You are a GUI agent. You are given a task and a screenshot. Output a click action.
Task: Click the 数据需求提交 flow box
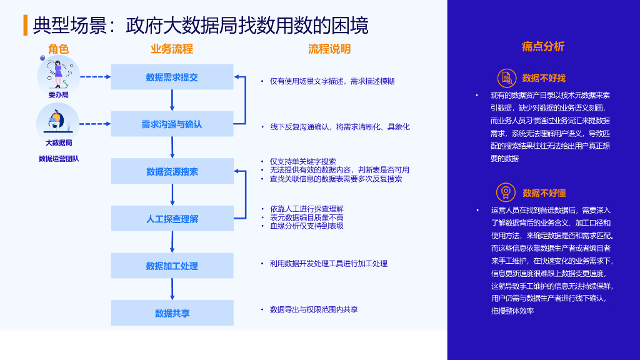(x=172, y=77)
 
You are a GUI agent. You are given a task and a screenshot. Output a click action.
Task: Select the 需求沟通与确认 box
(x=172, y=124)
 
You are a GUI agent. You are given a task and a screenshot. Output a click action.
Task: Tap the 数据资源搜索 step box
(x=172, y=171)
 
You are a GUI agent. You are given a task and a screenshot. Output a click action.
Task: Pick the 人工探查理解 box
(x=172, y=219)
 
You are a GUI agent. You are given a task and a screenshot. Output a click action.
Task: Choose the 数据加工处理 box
(x=172, y=266)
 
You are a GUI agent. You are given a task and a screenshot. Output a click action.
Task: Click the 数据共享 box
(x=172, y=313)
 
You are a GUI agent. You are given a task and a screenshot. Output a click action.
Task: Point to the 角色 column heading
(x=58, y=49)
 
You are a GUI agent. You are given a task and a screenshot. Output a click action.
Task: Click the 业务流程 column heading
(x=172, y=49)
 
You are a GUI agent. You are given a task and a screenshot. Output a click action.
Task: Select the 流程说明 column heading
(x=329, y=49)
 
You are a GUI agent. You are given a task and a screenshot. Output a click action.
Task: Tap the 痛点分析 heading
(x=543, y=46)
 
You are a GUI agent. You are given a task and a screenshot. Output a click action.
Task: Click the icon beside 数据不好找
(x=506, y=78)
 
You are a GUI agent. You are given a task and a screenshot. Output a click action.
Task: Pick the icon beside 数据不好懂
(x=506, y=192)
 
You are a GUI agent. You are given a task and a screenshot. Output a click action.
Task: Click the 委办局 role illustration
(x=58, y=75)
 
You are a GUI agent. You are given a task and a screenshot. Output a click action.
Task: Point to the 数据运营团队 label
(x=59, y=159)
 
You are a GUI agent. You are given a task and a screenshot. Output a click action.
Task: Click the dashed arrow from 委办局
(x=95, y=77)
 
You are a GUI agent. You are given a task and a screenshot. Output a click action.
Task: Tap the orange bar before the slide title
(x=25, y=25)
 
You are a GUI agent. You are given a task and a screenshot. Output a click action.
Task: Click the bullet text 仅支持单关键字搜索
(x=302, y=161)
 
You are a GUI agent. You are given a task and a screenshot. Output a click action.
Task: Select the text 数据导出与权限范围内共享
(x=314, y=309)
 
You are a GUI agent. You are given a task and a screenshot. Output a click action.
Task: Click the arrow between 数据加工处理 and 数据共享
(x=172, y=289)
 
